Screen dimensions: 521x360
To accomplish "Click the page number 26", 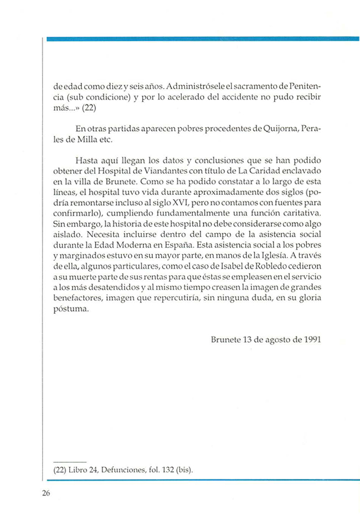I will click(47, 494).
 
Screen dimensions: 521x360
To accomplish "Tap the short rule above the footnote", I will click(70, 461).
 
